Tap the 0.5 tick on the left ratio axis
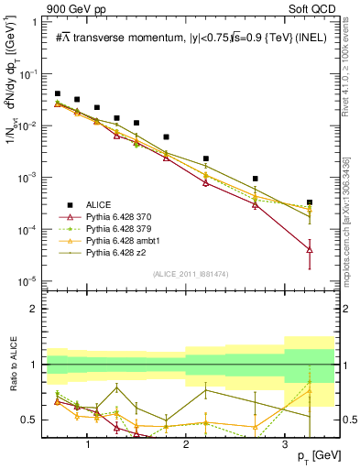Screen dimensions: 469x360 34,420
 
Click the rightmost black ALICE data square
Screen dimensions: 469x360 310,202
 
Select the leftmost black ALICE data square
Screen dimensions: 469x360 58,93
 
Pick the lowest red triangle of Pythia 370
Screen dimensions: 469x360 310,249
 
